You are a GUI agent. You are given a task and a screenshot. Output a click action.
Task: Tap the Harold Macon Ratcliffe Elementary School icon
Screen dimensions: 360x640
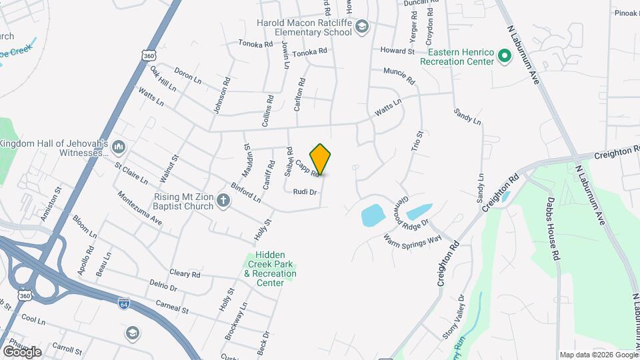(x=362, y=27)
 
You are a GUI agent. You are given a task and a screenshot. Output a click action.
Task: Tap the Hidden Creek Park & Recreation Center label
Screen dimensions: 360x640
(x=270, y=269)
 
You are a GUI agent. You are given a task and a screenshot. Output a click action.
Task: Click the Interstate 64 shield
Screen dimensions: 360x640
(x=124, y=303)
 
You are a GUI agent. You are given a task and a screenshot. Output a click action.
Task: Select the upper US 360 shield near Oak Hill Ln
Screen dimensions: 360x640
(x=149, y=57)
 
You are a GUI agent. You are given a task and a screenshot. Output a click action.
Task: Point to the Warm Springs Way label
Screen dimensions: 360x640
(x=413, y=239)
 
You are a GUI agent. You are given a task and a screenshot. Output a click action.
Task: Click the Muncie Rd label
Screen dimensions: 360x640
(x=399, y=77)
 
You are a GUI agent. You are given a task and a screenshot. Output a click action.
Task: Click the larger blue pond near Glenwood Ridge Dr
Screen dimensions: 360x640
(x=372, y=215)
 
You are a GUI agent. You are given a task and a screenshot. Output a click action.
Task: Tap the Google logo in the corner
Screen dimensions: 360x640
(x=22, y=351)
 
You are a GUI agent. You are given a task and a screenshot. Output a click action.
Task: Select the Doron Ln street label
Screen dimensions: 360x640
(x=187, y=75)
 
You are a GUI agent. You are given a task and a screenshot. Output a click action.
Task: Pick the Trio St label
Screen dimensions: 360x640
(x=417, y=141)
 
